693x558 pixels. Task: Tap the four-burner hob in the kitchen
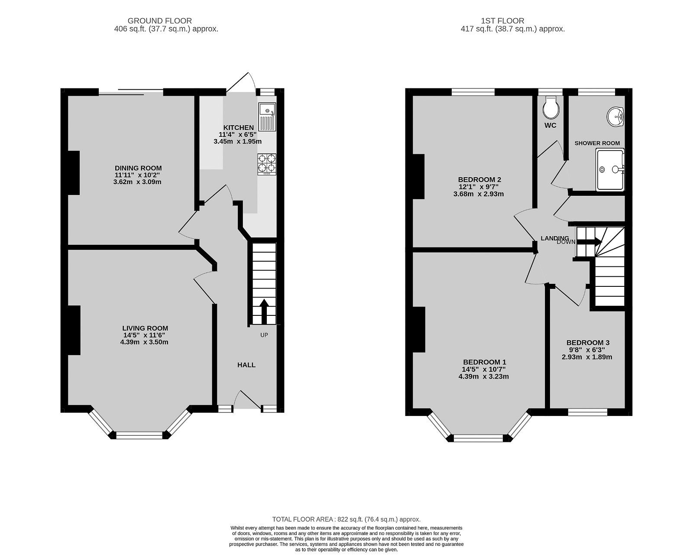[x=266, y=164]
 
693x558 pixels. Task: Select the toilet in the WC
[x=551, y=107]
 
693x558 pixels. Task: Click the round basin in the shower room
[x=615, y=117]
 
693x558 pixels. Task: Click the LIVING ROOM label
[x=145, y=328]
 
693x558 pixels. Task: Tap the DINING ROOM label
[x=138, y=168]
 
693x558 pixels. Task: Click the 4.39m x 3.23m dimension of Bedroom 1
[x=483, y=376]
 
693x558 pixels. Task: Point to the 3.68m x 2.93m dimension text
[x=478, y=194]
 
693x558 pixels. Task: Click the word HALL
[x=246, y=365]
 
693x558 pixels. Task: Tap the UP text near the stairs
[x=264, y=335]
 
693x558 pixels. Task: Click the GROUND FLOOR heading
[x=159, y=20]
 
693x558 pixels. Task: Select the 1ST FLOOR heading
[x=502, y=20]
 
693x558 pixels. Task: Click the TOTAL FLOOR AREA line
[x=346, y=519]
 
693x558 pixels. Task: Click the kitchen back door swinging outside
[x=241, y=82]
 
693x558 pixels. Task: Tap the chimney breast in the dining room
[x=74, y=172]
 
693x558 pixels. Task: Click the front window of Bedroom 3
[x=587, y=412]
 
